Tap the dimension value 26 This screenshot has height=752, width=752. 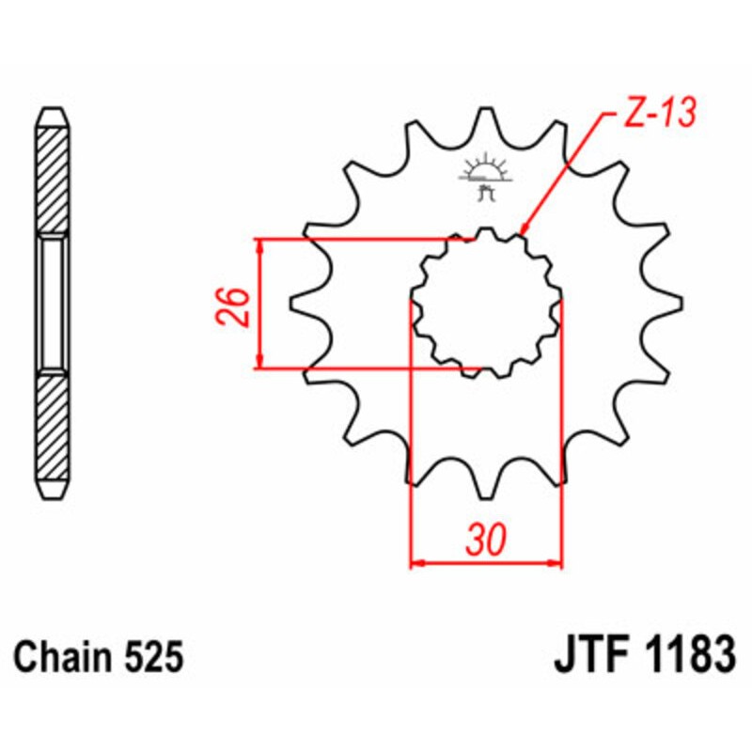tap(238, 304)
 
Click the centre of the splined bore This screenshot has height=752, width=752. tap(486, 303)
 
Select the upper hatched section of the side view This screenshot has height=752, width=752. tap(52, 179)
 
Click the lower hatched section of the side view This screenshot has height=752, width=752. tap(52, 428)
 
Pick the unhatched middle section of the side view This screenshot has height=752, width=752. tap(52, 303)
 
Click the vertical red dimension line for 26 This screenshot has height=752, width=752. tap(260, 303)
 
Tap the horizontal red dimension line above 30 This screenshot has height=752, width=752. tap(487, 564)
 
